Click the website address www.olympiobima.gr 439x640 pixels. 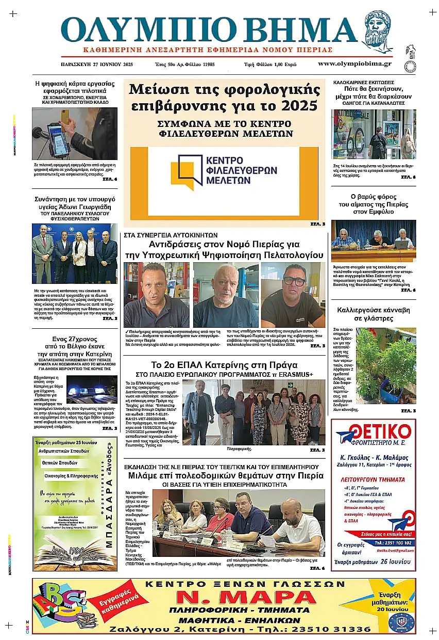[x=354, y=64]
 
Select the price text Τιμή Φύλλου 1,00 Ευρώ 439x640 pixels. [x=269, y=65]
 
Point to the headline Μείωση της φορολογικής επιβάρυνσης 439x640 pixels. [x=224, y=97]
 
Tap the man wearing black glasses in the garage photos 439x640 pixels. [x=293, y=292]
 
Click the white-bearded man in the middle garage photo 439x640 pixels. [x=225, y=292]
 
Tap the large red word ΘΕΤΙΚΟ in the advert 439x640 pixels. [x=377, y=431]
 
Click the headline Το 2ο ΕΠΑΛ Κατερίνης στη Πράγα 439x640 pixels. [x=224, y=365]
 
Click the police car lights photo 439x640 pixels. [x=92, y=390]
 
